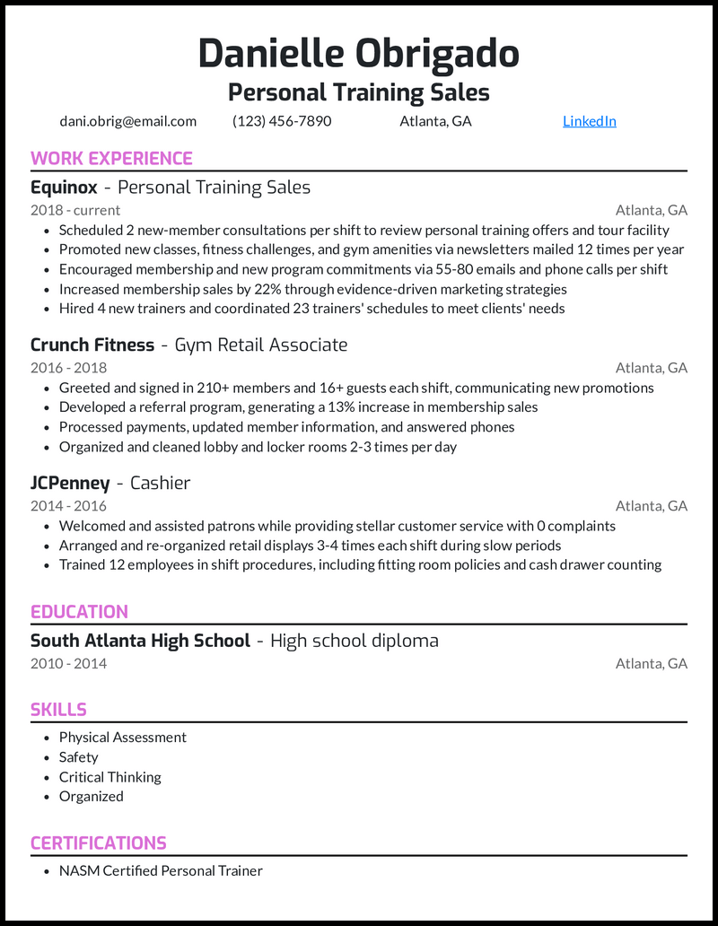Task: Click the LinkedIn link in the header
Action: coord(589,121)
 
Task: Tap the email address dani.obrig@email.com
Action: coord(127,121)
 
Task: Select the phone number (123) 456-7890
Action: coord(282,121)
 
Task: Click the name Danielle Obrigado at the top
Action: coord(358,54)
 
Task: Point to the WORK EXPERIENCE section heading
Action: coord(111,159)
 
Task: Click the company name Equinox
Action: coord(63,188)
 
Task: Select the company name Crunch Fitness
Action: coord(92,345)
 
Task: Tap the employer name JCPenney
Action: coord(69,484)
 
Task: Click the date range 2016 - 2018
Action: coord(68,367)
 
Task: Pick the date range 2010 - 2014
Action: coord(68,664)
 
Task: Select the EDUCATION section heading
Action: coord(79,612)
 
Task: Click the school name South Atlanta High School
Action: coord(140,642)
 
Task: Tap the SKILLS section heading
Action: coord(58,710)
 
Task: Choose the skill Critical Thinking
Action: coord(109,777)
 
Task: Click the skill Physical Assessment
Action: coord(122,738)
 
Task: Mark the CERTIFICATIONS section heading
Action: coord(99,843)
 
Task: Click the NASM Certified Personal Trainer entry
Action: coord(161,870)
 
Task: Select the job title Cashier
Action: coord(160,484)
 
